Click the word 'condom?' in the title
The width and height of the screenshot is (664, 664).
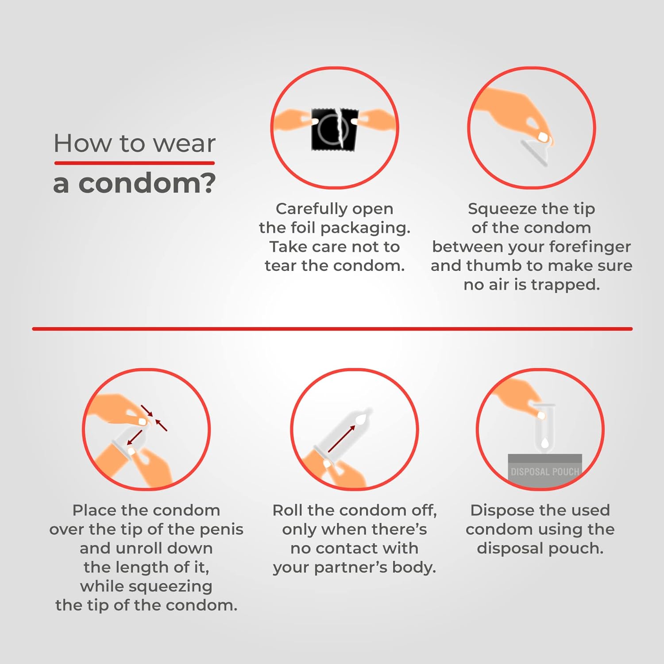pyautogui.click(x=147, y=183)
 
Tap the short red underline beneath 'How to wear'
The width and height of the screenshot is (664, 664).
pyautogui.click(x=135, y=163)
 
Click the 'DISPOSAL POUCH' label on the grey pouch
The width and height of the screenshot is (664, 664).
pyautogui.click(x=544, y=472)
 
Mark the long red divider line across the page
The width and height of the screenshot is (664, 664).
pyautogui.click(x=332, y=329)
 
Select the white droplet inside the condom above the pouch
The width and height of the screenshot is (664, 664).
pyautogui.click(x=545, y=442)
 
